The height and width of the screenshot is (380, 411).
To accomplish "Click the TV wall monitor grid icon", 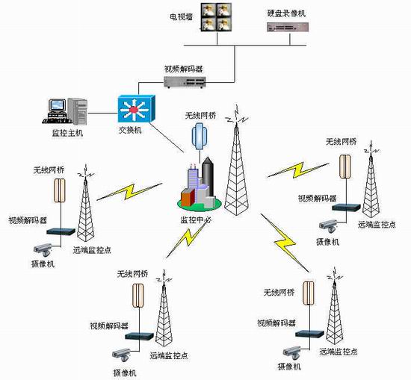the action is coord(217,17).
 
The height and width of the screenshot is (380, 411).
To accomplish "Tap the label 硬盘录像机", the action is coord(286,13).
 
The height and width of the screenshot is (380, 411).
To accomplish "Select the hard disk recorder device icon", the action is coord(288,27).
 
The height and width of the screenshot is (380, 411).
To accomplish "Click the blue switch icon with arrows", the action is coord(136,109).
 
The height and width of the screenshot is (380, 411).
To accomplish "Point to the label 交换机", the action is coord(130,130).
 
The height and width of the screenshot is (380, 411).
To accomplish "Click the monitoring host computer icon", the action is coord(65,111).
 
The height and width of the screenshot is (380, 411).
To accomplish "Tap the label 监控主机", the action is coord(67,133).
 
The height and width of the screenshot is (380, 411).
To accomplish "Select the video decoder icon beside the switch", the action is coord(185,81).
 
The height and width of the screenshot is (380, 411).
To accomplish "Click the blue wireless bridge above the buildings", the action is coord(200,136).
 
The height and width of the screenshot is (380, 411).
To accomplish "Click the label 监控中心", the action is coord(196,219).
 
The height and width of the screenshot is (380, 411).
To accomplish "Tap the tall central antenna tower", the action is coord(236,160).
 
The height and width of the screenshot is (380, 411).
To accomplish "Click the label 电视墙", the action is coord(181,17).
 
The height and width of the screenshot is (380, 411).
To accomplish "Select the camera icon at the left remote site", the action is coord(43,250).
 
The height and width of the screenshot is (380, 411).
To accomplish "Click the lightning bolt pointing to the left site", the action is coord(130,192).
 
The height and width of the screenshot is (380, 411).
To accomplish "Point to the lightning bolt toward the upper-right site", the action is coord(298,170).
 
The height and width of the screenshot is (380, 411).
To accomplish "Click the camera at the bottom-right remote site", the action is coord(292,352).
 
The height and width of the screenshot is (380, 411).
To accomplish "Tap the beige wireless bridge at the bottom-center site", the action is coord(138,295).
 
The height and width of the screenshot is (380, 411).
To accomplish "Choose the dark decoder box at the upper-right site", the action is coord(346,208).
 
